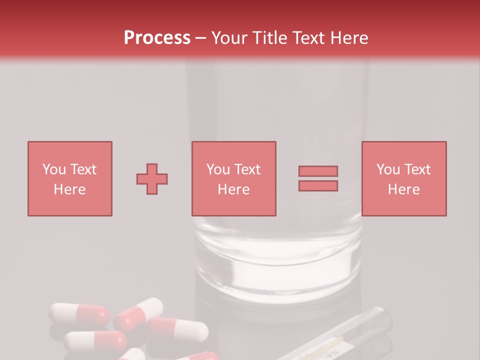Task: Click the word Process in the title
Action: tap(157, 38)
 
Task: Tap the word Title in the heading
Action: tap(269, 38)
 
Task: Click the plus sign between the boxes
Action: tap(152, 179)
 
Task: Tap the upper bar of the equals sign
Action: tap(318, 171)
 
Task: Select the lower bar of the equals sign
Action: tap(318, 186)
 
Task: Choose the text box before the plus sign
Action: tap(70, 178)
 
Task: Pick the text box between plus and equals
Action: tap(234, 178)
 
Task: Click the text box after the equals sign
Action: tap(404, 178)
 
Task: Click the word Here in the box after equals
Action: tap(404, 189)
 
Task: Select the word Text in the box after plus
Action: tap(248, 169)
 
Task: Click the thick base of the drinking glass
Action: tap(278, 260)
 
